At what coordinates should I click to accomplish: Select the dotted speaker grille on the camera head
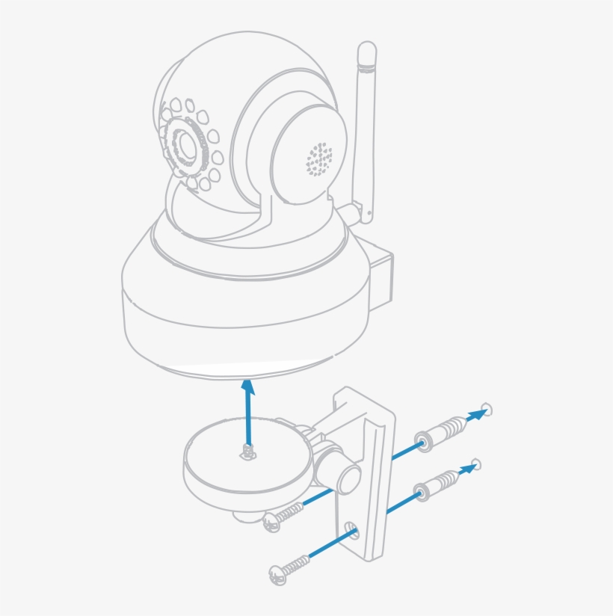pyautogui.click(x=319, y=159)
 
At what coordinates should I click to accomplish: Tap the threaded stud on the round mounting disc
pyautogui.click(x=248, y=451)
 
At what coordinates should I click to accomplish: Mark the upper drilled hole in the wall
pyautogui.click(x=487, y=409)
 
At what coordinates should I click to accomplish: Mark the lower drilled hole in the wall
pyautogui.click(x=476, y=465)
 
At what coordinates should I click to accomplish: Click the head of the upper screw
pyautogui.click(x=271, y=523)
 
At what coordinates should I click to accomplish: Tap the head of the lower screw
pyautogui.click(x=276, y=573)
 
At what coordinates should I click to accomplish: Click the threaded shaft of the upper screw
pyautogui.click(x=292, y=512)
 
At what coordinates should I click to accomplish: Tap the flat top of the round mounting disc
pyautogui.click(x=224, y=449)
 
